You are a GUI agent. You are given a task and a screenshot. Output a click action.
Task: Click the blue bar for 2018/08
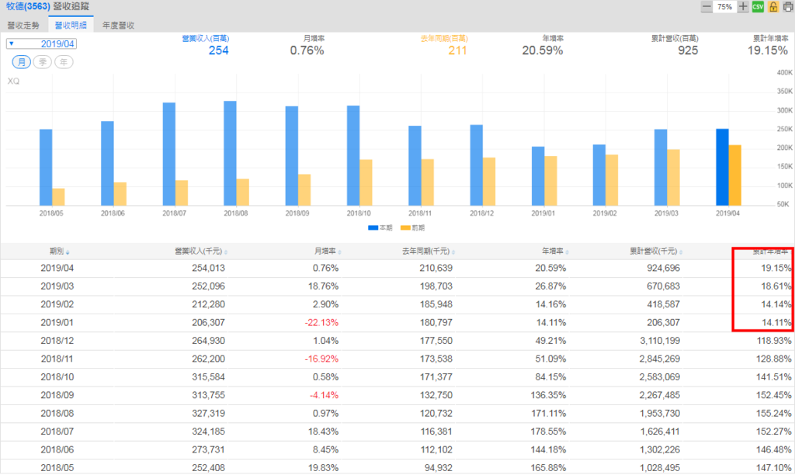coord(230,154)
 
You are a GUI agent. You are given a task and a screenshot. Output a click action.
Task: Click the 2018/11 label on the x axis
coord(421,213)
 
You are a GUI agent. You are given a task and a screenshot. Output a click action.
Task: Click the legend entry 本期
coord(380,228)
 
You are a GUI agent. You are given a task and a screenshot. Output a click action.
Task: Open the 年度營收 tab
coord(118,25)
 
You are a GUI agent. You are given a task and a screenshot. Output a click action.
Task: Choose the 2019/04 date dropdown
coord(42,44)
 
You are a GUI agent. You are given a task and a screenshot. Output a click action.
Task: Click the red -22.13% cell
coord(320,322)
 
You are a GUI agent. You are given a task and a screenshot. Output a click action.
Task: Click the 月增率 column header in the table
coord(325,251)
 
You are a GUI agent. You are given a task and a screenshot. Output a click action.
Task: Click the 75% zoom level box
coord(724,7)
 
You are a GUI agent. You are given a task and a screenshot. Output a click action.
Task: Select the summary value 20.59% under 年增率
coord(542,51)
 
